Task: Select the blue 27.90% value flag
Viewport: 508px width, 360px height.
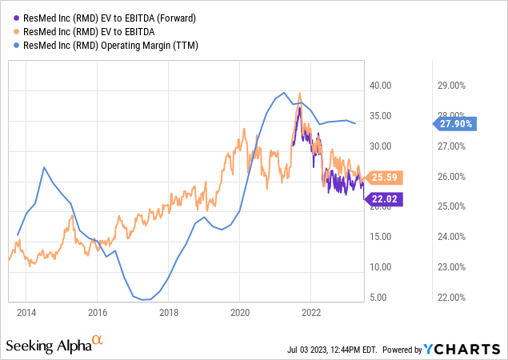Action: pos(456,123)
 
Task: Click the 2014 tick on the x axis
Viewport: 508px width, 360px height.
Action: pos(26,312)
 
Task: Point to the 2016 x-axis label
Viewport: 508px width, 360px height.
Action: pos(98,312)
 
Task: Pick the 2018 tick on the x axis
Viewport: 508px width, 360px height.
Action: pos(169,312)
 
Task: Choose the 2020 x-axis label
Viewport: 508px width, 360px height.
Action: pos(240,312)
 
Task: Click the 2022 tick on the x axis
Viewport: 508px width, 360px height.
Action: pos(311,312)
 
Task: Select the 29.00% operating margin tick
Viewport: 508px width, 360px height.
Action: pos(450,86)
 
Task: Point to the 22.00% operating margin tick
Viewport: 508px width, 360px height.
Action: pos(450,298)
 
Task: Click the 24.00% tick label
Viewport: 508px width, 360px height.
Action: pos(450,237)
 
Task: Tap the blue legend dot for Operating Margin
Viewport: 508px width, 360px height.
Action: pos(16,45)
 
